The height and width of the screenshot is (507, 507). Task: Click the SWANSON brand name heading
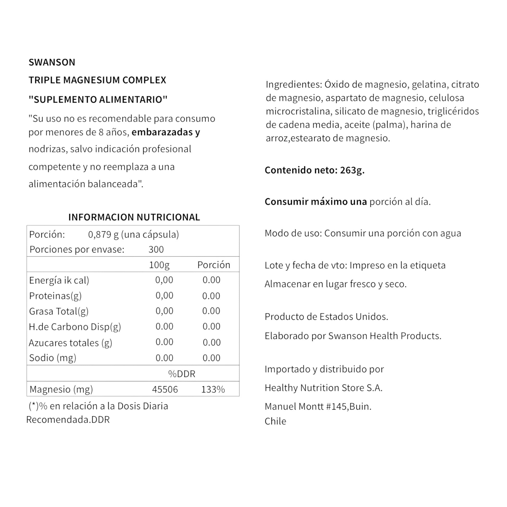coord(52,62)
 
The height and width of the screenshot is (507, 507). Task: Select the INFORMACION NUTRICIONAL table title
coord(134,217)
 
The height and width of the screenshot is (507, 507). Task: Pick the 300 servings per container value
coord(156,249)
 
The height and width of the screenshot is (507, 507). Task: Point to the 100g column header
coord(159,265)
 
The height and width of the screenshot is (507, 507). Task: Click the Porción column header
coord(214,265)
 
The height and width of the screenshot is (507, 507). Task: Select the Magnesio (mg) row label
coord(61,389)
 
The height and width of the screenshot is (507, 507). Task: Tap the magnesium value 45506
coord(165,389)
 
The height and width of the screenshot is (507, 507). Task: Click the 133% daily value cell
coord(213,389)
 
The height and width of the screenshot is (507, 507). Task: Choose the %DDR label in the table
coord(182,374)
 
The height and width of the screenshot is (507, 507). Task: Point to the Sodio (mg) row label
coord(52,358)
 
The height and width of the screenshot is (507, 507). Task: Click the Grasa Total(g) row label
coord(59,311)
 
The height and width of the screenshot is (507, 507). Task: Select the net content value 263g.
coord(352,170)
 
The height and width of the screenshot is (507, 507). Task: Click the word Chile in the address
coord(275,422)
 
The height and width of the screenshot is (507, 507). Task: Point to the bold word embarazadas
coord(162,132)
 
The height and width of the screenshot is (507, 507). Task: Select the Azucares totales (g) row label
coord(70,343)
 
